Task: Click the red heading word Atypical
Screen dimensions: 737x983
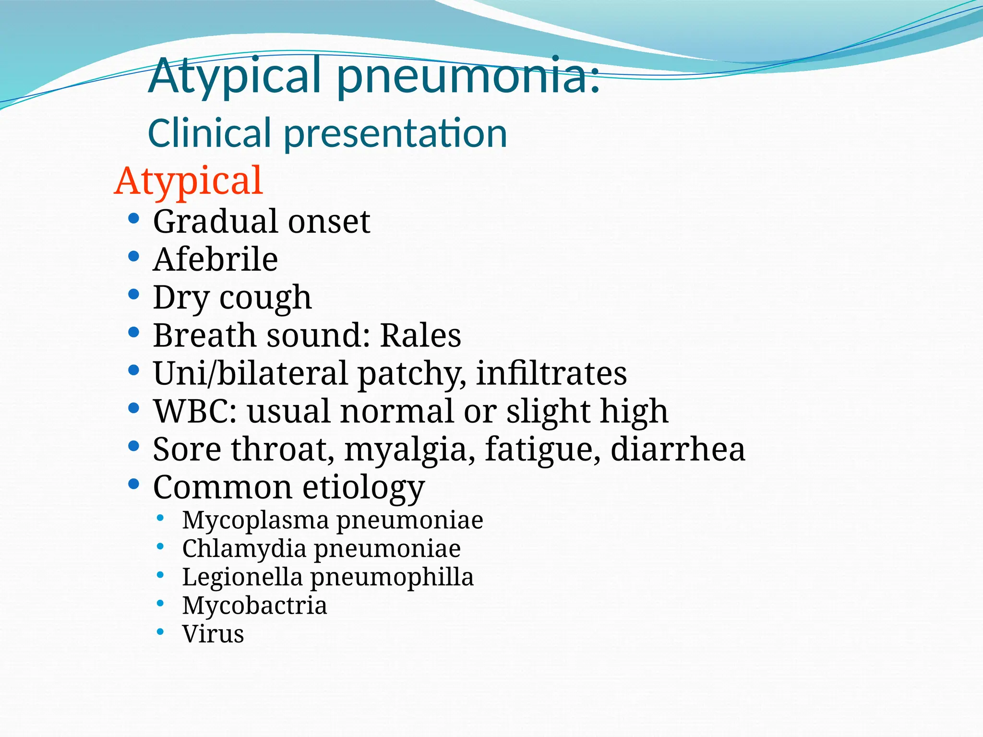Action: [189, 181]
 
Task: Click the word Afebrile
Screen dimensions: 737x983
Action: [215, 260]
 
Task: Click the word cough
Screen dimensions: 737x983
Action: [265, 298]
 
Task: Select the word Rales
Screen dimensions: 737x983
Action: [420, 335]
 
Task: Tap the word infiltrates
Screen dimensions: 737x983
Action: [551, 373]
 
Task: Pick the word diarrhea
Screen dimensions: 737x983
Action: [678, 450]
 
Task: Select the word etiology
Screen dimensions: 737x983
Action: [363, 488]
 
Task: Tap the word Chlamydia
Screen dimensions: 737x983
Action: [244, 549]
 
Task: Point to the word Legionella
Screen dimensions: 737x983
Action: [242, 577]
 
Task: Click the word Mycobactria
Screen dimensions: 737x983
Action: [254, 606]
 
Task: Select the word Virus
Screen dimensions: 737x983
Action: [213, 634]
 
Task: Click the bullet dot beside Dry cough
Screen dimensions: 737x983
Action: [134, 294]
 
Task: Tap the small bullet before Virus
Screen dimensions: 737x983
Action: [160, 631]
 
